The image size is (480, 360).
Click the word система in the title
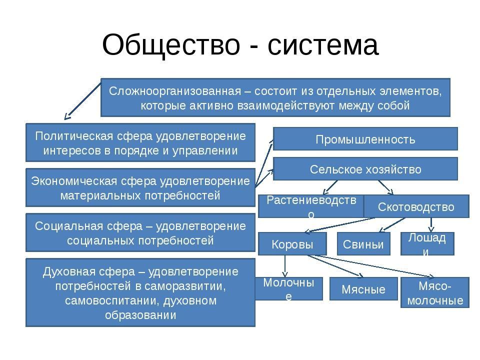click(323, 45)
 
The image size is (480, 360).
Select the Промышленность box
click(365, 139)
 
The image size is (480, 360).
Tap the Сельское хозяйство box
click(365, 169)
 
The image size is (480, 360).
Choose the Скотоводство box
click(416, 206)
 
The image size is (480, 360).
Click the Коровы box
click(292, 244)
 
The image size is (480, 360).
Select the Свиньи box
click(363, 244)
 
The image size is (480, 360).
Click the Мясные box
click(363, 289)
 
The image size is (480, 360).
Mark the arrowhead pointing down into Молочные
click(285, 274)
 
